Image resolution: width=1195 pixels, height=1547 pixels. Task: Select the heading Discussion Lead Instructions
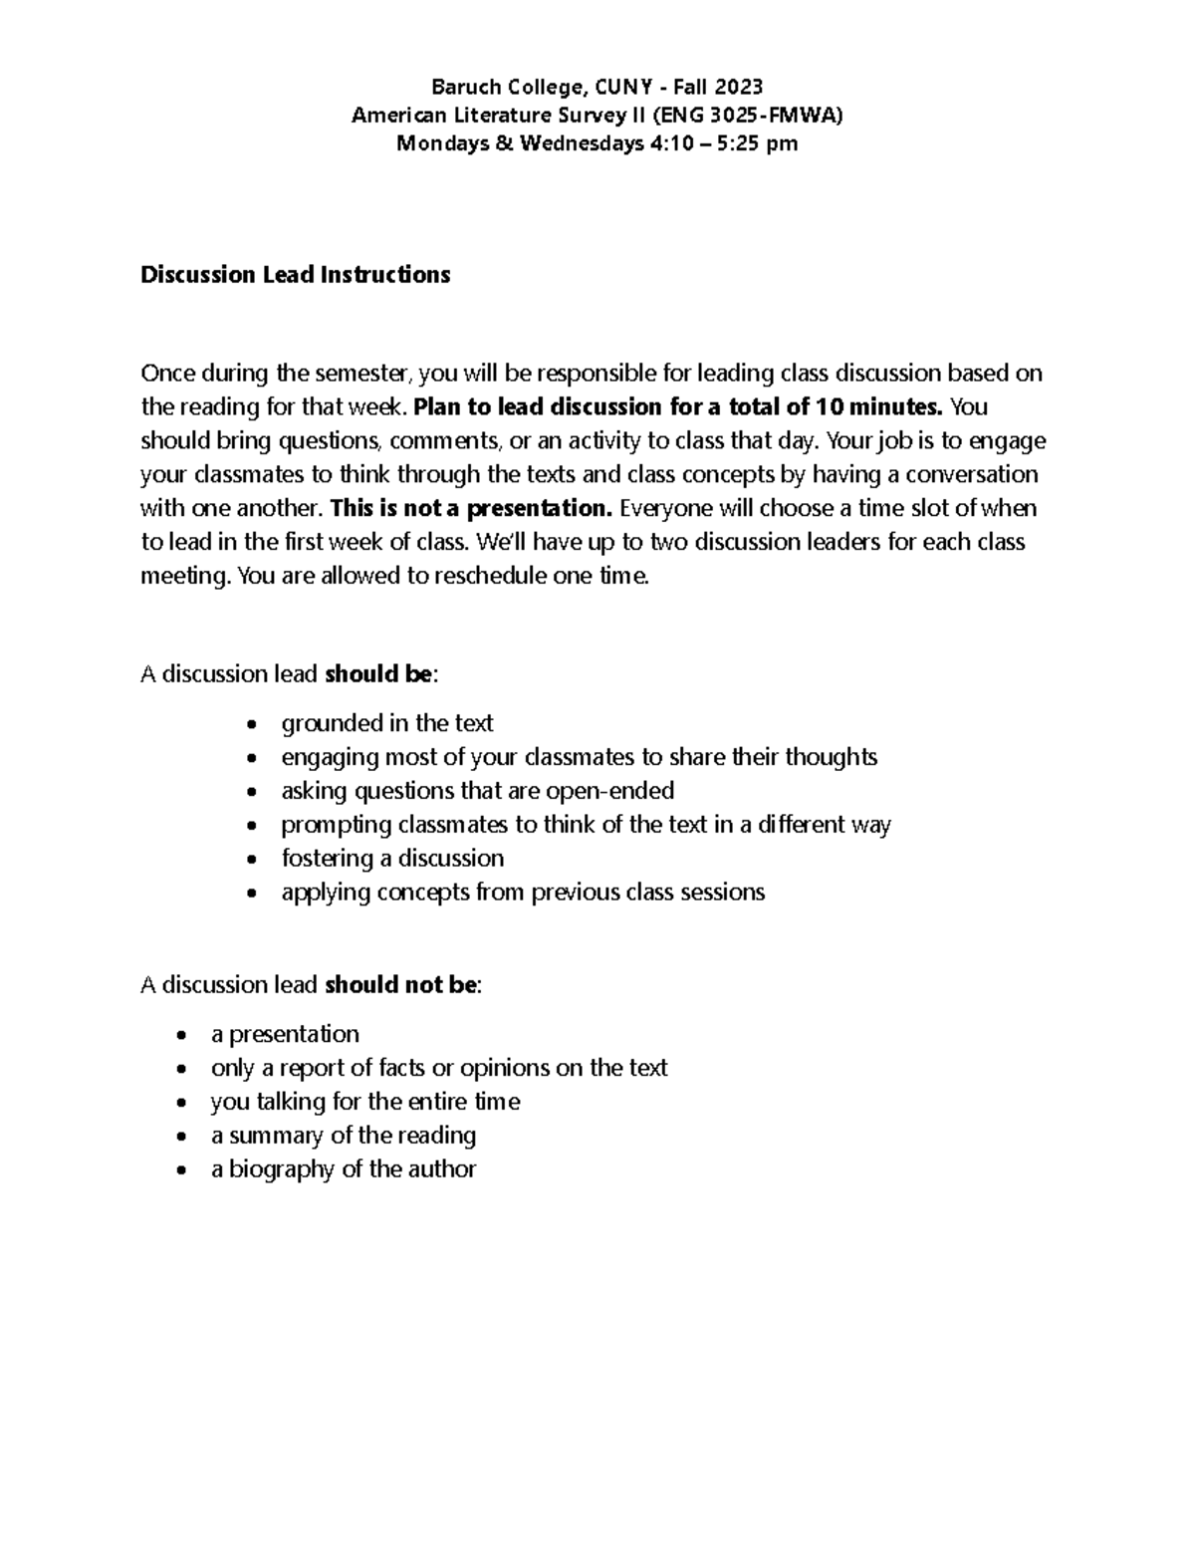pos(295,275)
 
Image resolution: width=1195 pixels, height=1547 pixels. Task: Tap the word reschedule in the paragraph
pos(489,576)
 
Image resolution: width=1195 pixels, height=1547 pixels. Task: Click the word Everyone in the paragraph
pos(661,508)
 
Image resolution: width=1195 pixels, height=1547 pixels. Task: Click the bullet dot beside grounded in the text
pos(254,724)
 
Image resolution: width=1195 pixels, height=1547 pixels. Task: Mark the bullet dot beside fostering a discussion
pos(254,860)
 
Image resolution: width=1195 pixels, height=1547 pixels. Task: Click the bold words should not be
pos(401,985)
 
